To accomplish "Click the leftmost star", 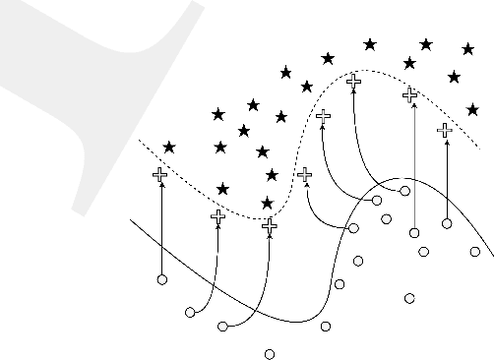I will click(169, 148).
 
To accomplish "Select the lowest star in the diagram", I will click(267, 203).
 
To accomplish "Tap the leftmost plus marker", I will click(160, 175).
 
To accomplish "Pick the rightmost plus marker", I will click(445, 129).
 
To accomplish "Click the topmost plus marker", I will click(353, 81).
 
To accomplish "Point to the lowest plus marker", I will click(270, 225).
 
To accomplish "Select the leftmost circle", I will click(162, 280).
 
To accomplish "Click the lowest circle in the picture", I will click(269, 353).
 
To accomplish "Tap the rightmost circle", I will click(474, 252).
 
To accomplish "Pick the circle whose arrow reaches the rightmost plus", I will click(447, 223).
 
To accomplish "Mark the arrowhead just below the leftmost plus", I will click(160, 185).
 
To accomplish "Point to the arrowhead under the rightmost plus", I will click(446, 140).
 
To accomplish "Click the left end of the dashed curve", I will click(138, 141).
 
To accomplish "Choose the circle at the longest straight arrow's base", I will click(414, 233).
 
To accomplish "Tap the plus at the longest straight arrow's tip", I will click(410, 94).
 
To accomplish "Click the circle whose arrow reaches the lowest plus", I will click(222, 326).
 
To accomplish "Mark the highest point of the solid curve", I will click(401, 179).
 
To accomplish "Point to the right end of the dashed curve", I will click(479, 150).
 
